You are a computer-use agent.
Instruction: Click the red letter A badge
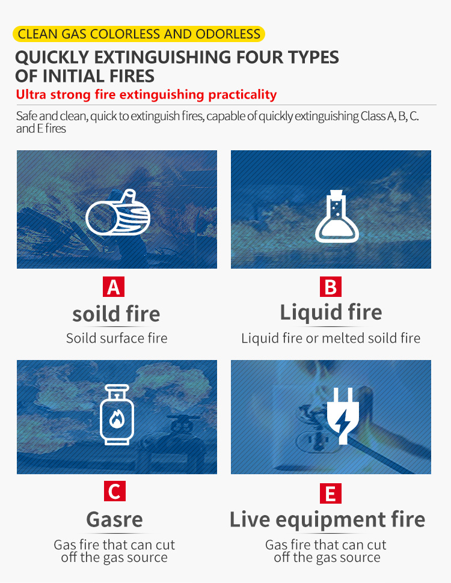point(114,287)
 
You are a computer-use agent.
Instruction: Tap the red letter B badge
point(331,287)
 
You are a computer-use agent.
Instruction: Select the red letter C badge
point(115,491)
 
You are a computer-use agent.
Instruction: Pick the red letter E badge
point(331,493)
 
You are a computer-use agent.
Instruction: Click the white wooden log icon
point(118,212)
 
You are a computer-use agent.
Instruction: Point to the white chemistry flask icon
point(337,216)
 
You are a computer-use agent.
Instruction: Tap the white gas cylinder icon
point(117,415)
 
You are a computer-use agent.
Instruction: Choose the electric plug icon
point(343,416)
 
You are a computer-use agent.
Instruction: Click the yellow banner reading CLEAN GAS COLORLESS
point(139,34)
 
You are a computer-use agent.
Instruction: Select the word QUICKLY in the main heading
point(52,57)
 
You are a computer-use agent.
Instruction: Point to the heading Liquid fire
point(331,312)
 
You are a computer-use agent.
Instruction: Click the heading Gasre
point(115,519)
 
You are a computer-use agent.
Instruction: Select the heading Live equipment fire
point(328,519)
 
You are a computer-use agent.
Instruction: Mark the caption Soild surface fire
point(117,338)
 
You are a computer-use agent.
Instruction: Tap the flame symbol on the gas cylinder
point(117,419)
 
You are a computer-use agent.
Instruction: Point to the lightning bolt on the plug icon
point(341,421)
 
